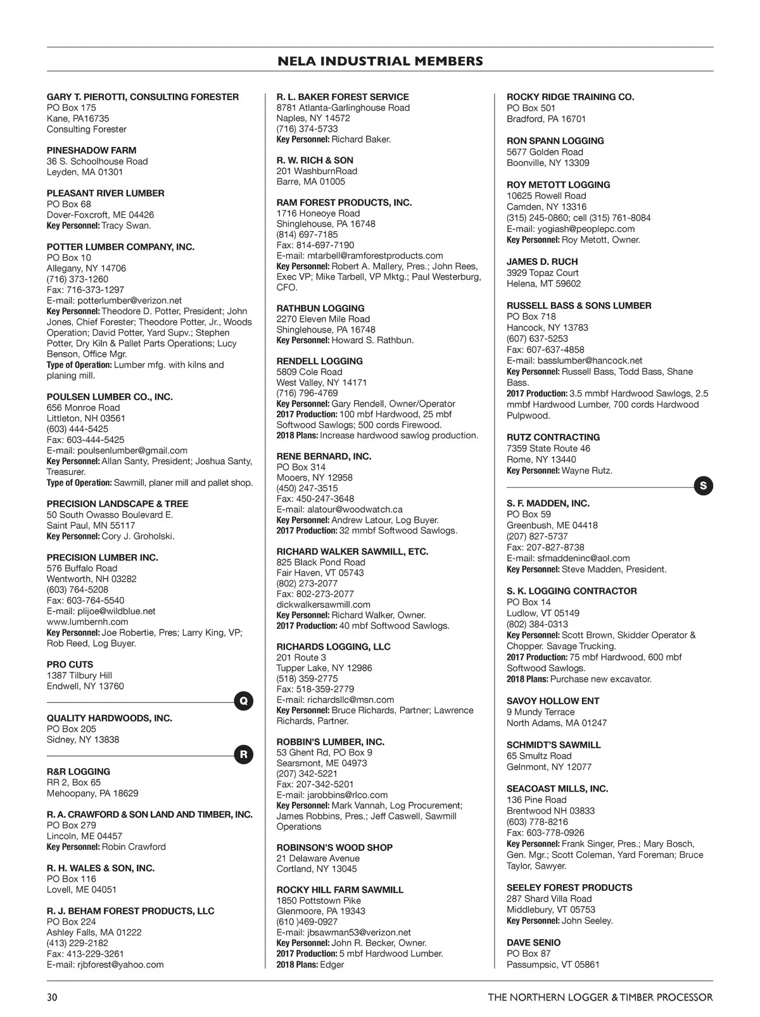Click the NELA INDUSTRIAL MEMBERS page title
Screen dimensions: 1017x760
[380, 61]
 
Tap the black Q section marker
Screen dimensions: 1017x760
[244, 701]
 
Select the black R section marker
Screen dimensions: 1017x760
[244, 754]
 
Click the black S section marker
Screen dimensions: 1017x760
[703, 486]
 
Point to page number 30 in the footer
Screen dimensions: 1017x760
[52, 997]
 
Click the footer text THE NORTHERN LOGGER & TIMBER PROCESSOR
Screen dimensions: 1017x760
[600, 997]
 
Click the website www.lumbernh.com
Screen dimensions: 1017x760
[87, 622]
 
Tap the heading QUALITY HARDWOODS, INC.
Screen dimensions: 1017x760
[110, 718]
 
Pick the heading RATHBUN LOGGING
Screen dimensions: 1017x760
[320, 308]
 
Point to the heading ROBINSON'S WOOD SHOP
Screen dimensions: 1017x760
[334, 847]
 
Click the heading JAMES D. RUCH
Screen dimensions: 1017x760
[542, 262]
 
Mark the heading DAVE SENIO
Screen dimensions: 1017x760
[533, 942]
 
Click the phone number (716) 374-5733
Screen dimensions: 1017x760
[307, 129]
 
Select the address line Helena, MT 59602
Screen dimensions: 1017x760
[543, 284]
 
